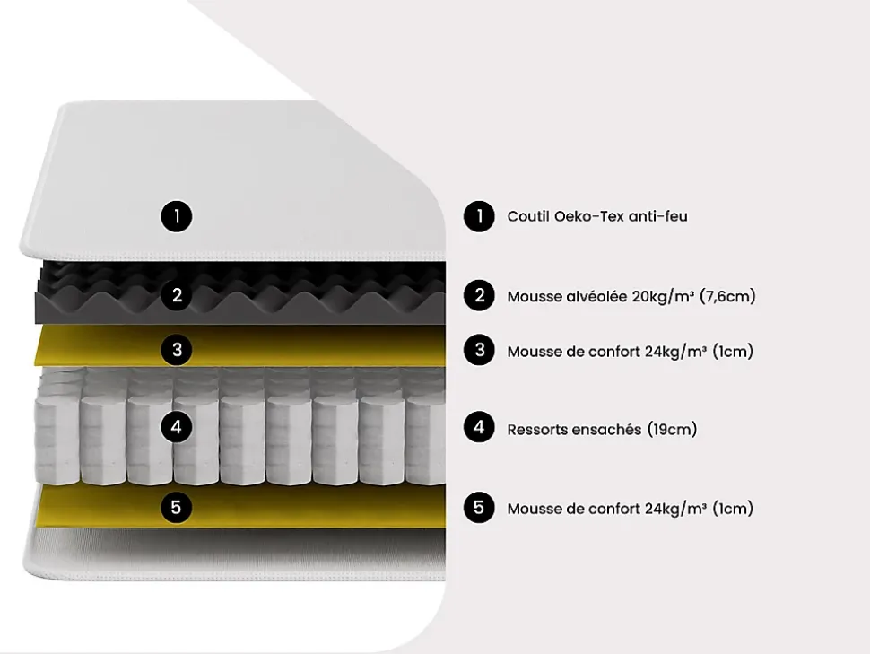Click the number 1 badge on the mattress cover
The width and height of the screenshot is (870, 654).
point(177,216)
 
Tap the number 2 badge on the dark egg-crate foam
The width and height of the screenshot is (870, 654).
point(177,294)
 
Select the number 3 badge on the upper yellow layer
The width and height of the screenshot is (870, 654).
point(177,349)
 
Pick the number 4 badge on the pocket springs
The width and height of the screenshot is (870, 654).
point(177,427)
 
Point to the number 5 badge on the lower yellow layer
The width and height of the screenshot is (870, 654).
point(177,508)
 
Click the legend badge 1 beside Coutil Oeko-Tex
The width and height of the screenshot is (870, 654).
point(480,216)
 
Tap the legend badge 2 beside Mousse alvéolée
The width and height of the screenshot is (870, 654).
point(480,295)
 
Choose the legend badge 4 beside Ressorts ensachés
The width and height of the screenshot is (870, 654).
point(480,428)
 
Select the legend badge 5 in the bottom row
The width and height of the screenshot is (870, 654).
point(480,508)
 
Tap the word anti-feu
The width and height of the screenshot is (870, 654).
point(658,216)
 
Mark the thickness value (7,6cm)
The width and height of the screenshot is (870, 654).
point(727,296)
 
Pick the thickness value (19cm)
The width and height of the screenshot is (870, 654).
point(672,430)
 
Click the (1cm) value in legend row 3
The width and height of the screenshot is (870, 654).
point(733,352)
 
